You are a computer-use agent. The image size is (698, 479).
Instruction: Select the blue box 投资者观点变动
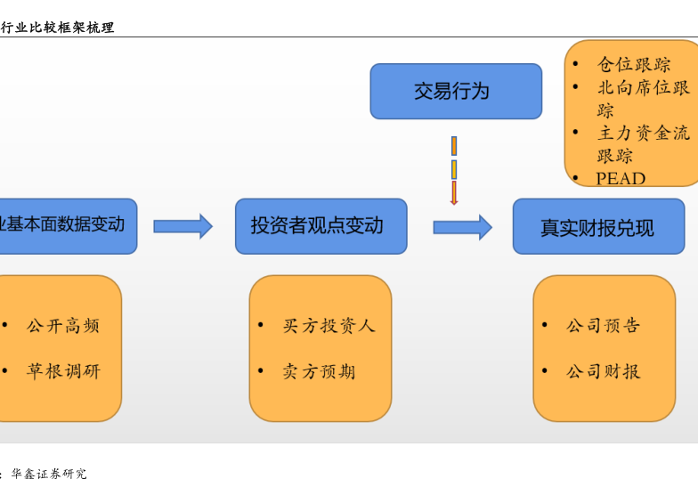pos(321,226)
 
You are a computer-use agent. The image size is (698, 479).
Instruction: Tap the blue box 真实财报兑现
pos(597,227)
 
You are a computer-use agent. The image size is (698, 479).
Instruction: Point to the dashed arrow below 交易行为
pos(454,170)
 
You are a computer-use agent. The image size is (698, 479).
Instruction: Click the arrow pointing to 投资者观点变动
pos(183,226)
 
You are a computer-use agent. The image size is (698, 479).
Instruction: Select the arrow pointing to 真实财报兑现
pos(462,227)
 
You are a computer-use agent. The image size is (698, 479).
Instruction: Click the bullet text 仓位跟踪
pos(634,65)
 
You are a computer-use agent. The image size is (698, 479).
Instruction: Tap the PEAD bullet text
pos(621,178)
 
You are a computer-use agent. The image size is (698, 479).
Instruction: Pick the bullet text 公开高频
pos(63,326)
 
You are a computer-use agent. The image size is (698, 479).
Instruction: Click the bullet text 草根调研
pos(63,371)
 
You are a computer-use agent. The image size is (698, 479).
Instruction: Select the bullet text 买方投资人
pos(329,326)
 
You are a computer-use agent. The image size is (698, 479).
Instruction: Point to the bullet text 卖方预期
pos(319,371)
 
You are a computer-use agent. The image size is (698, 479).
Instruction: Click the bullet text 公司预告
pos(603,326)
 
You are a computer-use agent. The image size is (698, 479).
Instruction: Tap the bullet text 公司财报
pos(603,371)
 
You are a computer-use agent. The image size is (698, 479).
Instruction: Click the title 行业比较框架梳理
pos(57,28)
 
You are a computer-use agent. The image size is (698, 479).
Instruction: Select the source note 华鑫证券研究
pos(49,474)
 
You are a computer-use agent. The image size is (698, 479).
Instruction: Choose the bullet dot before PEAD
pos(575,177)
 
